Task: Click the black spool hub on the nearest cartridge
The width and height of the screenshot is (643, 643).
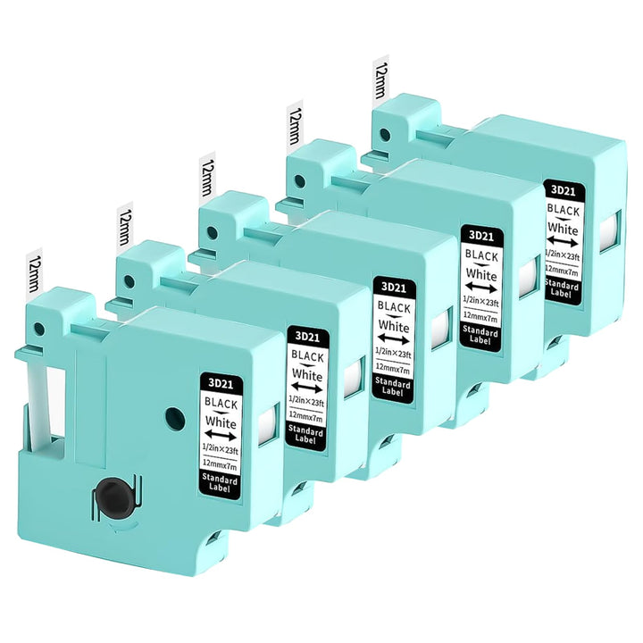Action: coord(111,497)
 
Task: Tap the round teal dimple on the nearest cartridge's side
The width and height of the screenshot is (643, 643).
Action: coord(174,417)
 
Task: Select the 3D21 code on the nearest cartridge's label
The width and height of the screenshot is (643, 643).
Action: coord(221,383)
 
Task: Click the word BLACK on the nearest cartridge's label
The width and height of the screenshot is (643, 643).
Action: coord(221,404)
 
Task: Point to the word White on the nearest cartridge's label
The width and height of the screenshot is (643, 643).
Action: coord(221,422)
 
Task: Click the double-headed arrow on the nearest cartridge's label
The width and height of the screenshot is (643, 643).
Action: coord(221,436)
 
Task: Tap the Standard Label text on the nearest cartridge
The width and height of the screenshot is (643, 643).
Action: coord(220,483)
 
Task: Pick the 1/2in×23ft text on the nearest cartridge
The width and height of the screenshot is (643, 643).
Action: coord(221,449)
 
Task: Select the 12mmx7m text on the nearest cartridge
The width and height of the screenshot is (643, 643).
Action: coord(220,465)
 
